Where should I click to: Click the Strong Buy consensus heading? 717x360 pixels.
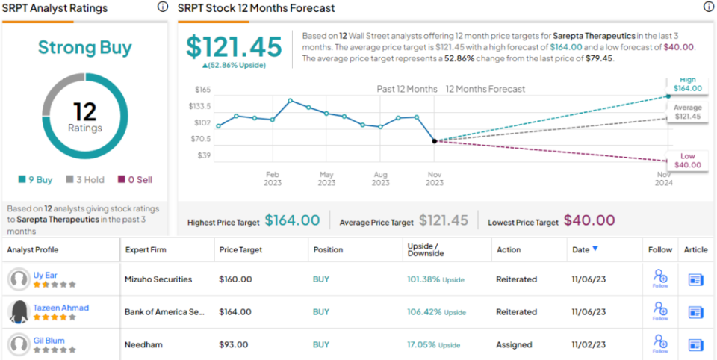point(84,48)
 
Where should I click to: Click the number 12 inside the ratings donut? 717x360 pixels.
point(84,111)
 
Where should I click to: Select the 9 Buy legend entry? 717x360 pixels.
point(36,180)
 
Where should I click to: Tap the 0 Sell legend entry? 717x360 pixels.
point(134,180)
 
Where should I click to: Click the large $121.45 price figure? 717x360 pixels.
point(234,46)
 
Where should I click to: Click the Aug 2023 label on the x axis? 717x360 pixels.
point(380,179)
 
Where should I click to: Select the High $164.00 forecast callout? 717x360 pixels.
point(687,84)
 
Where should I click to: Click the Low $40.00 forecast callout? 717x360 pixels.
point(687,161)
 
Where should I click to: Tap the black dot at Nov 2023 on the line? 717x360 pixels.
point(435,141)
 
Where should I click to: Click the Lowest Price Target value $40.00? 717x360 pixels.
point(589,220)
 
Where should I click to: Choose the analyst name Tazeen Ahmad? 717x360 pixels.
point(60,308)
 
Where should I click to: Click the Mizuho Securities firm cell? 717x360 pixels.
point(158,279)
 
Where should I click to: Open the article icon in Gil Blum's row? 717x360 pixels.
point(696,345)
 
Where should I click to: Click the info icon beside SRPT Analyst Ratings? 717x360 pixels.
point(162,7)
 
